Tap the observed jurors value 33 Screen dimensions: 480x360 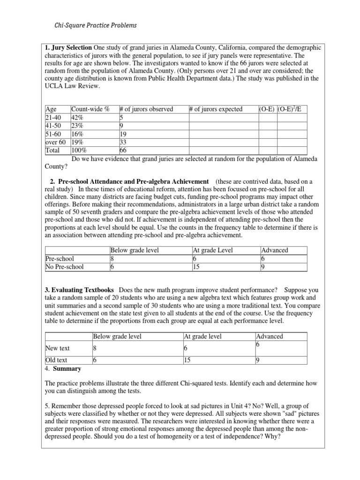point(124,142)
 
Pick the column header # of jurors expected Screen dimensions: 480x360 point(216,109)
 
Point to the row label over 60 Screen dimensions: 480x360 point(55,142)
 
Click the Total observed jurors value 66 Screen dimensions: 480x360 point(124,150)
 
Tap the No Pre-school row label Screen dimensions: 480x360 point(65,267)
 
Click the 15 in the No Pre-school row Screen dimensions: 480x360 point(196,267)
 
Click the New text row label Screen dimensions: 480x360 point(57,348)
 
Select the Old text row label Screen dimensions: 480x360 point(56,360)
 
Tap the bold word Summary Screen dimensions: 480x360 point(68,368)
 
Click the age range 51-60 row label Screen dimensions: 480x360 point(53,134)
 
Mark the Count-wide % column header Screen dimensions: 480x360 point(90,109)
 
